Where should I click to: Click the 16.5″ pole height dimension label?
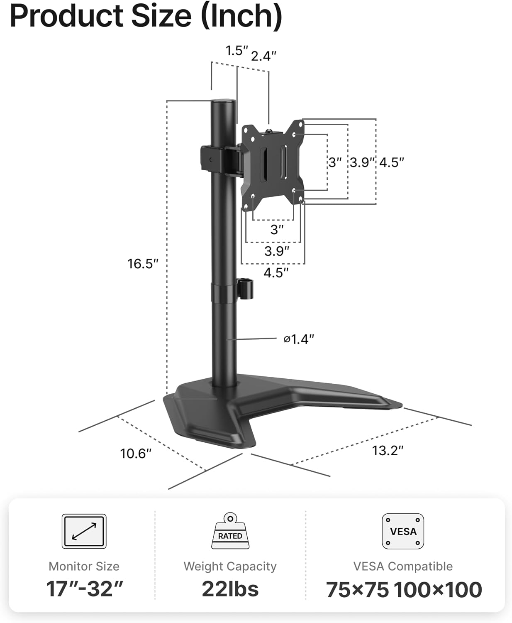[143, 264]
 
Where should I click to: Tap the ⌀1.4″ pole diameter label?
[299, 339]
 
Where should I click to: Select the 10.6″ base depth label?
[136, 453]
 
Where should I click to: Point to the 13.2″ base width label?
[388, 450]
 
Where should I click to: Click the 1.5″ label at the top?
[236, 51]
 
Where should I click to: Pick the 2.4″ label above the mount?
[263, 56]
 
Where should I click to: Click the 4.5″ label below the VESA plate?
[276, 273]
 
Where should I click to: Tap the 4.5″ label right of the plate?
[391, 162]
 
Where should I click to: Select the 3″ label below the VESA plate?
[277, 229]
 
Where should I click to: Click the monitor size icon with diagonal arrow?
[84, 531]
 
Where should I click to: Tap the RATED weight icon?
[230, 532]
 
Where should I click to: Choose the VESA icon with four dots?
[403, 531]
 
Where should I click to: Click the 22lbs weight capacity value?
[230, 589]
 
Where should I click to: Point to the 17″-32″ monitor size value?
[84, 589]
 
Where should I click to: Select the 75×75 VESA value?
[357, 590]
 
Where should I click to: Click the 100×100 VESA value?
[438, 590]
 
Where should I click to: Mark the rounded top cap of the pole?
[224, 102]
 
